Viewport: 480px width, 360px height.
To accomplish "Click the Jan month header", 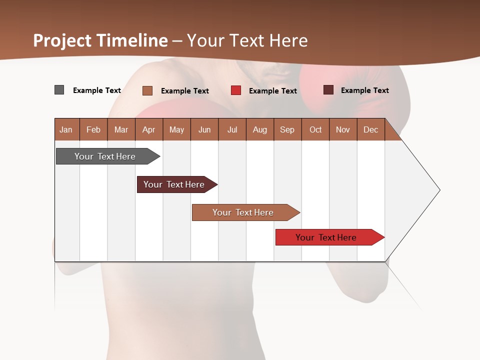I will tap(66, 129).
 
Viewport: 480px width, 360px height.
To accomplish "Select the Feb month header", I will tap(93, 129).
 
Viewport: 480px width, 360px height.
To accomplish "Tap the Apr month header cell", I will tap(149, 129).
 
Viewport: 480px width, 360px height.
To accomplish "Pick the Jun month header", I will tap(204, 129).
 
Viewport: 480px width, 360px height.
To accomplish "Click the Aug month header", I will tap(260, 129).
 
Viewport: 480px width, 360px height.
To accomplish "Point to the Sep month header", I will tap(287, 129).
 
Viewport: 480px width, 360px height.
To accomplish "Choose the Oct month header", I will tap(315, 129).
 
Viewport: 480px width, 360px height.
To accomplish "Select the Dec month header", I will tap(371, 129).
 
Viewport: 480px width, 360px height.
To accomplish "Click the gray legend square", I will tap(59, 90).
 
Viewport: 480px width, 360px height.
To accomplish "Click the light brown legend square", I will tap(147, 90).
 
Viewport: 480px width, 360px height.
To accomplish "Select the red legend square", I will tap(235, 90).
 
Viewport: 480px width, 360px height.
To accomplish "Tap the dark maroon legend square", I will tap(328, 90).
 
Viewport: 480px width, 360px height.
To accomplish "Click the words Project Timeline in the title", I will tap(100, 40).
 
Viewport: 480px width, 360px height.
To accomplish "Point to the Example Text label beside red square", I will tap(272, 91).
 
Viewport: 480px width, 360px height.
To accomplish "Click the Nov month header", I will tap(343, 129).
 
